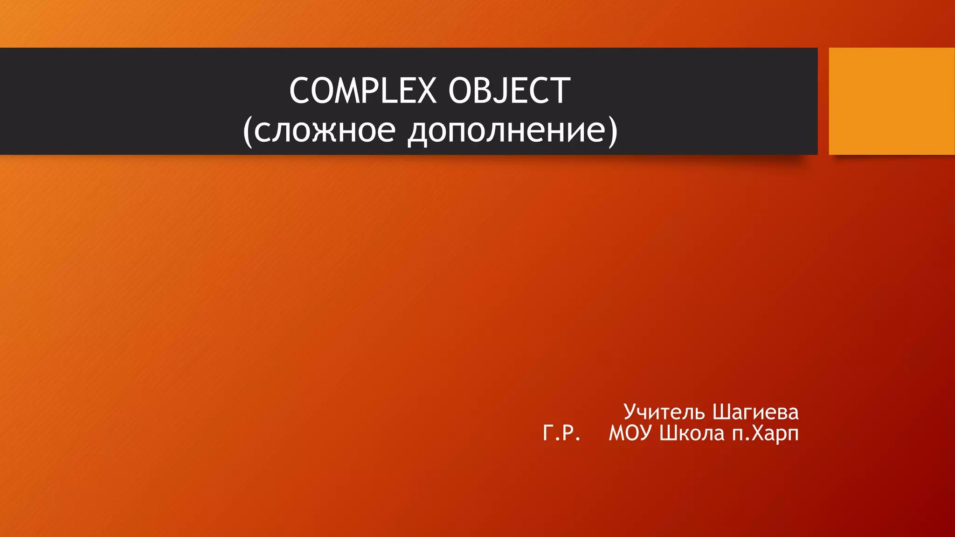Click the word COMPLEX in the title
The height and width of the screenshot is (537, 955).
click(363, 90)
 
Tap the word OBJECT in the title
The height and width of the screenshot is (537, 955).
click(509, 90)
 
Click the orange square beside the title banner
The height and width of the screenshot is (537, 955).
click(891, 101)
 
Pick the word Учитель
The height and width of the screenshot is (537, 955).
click(664, 412)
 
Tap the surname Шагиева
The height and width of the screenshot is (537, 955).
click(755, 412)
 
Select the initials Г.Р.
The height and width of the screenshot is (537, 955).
click(561, 434)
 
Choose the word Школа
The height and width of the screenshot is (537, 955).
click(692, 434)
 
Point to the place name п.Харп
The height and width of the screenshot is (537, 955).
click(765, 434)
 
